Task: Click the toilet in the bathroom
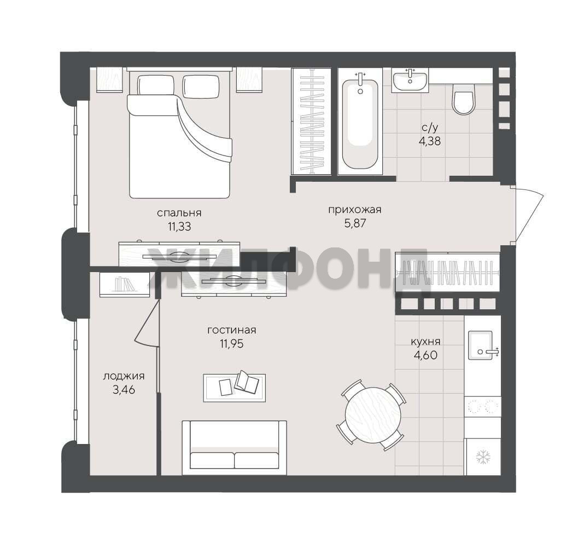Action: pyautogui.click(x=463, y=99)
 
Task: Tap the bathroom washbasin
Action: pyautogui.click(x=410, y=79)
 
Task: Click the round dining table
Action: pyautogui.click(x=373, y=415)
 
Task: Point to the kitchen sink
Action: pyautogui.click(x=480, y=345)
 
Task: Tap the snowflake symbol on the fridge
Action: pyautogui.click(x=482, y=457)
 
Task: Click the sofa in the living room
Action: pyautogui.click(x=234, y=448)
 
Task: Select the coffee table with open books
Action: pyautogui.click(x=235, y=388)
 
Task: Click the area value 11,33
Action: pyautogui.click(x=179, y=227)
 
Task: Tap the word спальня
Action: pyautogui.click(x=179, y=213)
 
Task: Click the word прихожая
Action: pyautogui.click(x=354, y=210)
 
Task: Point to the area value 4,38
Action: pyautogui.click(x=430, y=141)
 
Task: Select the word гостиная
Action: pyautogui.click(x=231, y=330)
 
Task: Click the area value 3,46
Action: pyautogui.click(x=124, y=389)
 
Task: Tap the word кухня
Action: pyautogui.click(x=426, y=342)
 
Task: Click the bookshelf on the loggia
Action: pyautogui.click(x=125, y=285)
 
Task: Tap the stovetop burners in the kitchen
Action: pyautogui.click(x=482, y=407)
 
